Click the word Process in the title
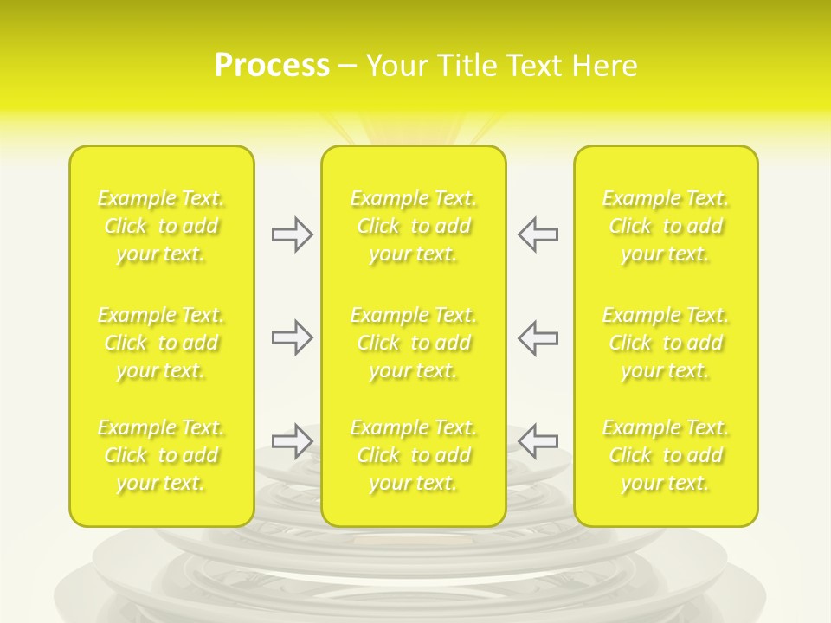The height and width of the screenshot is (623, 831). tap(272, 66)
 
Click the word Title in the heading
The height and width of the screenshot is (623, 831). tap(466, 66)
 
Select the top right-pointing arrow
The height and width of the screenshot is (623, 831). tap(292, 234)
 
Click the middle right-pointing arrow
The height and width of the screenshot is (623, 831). tap(292, 337)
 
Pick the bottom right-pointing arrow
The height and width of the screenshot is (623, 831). tap(292, 441)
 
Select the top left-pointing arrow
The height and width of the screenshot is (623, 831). tap(538, 234)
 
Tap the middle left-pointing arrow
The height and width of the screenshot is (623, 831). tap(538, 337)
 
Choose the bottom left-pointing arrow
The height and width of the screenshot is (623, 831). tap(538, 441)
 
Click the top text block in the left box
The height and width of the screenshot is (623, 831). tap(161, 226)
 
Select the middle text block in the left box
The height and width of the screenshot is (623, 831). tap(161, 343)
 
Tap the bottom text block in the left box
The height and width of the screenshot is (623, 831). tap(161, 455)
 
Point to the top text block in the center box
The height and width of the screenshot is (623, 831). tap(414, 226)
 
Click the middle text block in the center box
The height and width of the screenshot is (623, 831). tap(414, 343)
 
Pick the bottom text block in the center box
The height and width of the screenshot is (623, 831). tap(414, 455)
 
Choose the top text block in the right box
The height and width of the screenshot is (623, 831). tap(666, 226)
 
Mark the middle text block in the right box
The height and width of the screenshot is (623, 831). tap(666, 343)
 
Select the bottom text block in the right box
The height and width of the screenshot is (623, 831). tap(666, 455)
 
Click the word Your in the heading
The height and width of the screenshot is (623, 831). tap(397, 66)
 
